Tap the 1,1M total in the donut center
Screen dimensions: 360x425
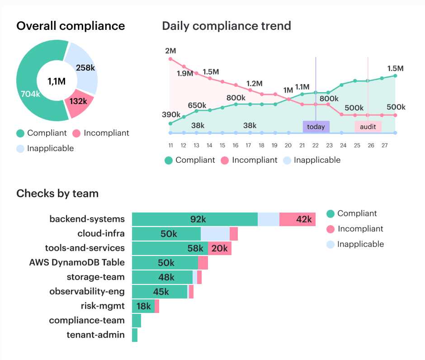[x=57, y=81]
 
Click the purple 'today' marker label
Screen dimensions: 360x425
[x=316, y=127]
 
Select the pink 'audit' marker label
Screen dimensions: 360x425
[x=368, y=127]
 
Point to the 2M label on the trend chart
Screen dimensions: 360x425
[x=170, y=50]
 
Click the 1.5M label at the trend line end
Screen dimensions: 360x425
[x=395, y=68]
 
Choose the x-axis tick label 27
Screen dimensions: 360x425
[x=384, y=145]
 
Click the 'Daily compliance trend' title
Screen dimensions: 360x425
[x=226, y=26]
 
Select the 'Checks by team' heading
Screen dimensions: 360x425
[x=57, y=194]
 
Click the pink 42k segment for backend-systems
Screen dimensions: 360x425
[x=297, y=219]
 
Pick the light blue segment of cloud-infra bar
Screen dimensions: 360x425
[x=215, y=234]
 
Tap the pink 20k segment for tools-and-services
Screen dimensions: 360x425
[x=220, y=248]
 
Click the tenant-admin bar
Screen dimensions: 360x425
[x=135, y=335]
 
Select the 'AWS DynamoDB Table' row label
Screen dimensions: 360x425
[x=77, y=262]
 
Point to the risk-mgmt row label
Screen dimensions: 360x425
[x=103, y=306]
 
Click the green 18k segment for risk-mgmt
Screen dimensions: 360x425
[x=143, y=306]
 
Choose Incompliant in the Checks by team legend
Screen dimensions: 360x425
[x=360, y=229]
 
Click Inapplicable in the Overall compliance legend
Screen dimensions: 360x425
[x=50, y=148]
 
